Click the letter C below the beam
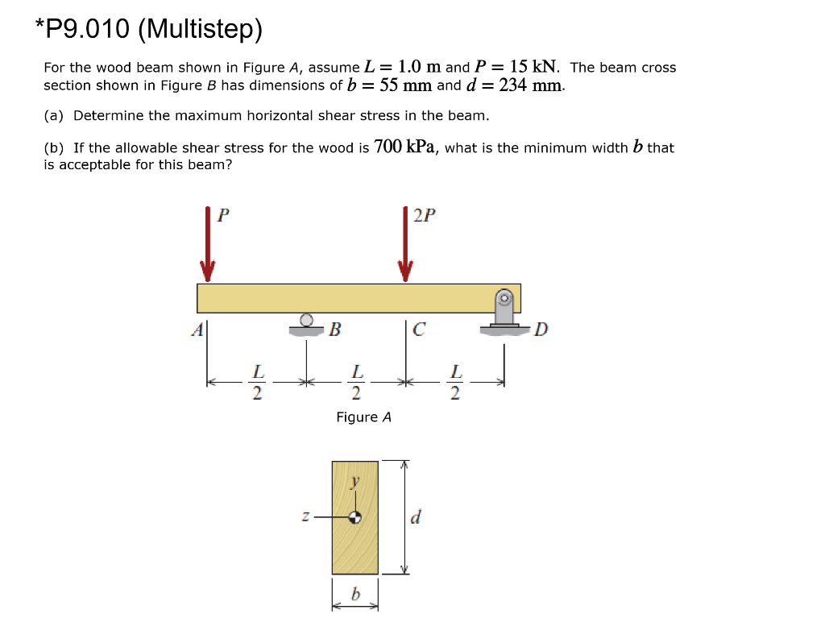tap(419, 329)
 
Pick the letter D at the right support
tap(541, 329)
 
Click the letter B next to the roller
tap(335, 329)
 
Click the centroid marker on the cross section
tap(354, 517)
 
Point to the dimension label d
tap(415, 516)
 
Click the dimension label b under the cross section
tap(354, 595)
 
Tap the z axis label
tap(305, 516)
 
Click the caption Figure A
tap(363, 417)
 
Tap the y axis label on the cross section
tap(354, 483)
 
